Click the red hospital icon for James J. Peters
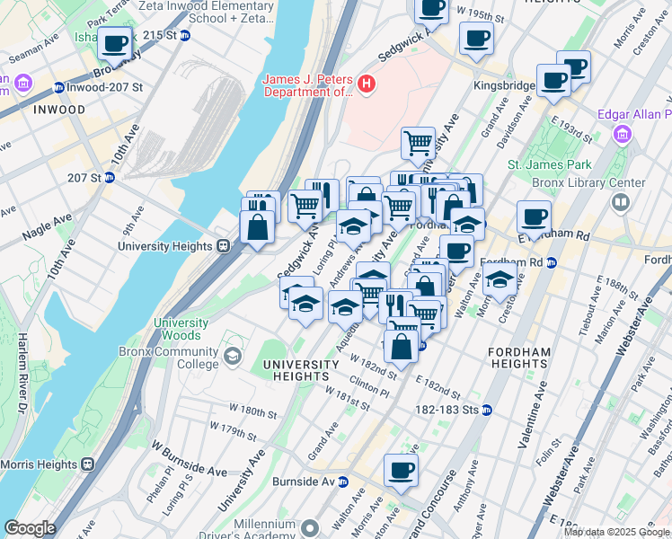click(x=366, y=84)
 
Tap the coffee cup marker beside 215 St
click(x=115, y=42)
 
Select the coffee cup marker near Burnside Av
click(x=402, y=469)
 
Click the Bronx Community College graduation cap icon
click(x=234, y=358)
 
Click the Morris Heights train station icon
click(x=87, y=464)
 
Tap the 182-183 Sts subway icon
click(x=487, y=410)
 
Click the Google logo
click(x=30, y=528)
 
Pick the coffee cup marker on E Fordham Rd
click(x=534, y=217)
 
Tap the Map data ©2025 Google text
click(x=616, y=532)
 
